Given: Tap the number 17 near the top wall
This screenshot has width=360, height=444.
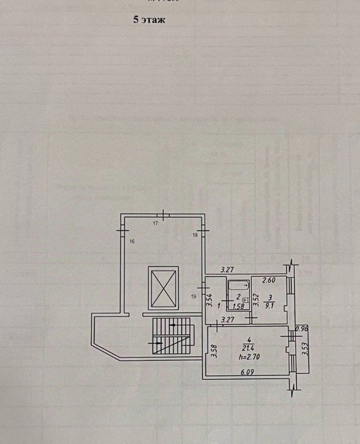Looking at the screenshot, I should pos(155,224).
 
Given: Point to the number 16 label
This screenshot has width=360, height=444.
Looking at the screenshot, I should pos(132,242).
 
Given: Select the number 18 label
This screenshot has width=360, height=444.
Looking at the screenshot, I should pos(195,235).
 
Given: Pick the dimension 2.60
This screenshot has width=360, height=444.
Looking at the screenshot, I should pos(269,280).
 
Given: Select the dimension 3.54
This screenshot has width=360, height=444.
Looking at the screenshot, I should pos(210,299).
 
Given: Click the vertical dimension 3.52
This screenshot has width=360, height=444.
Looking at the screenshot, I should pos(257,299).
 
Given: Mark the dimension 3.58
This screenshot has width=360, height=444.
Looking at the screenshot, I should pos(214,351).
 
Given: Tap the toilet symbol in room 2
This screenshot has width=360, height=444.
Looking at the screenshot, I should pos(245,298).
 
